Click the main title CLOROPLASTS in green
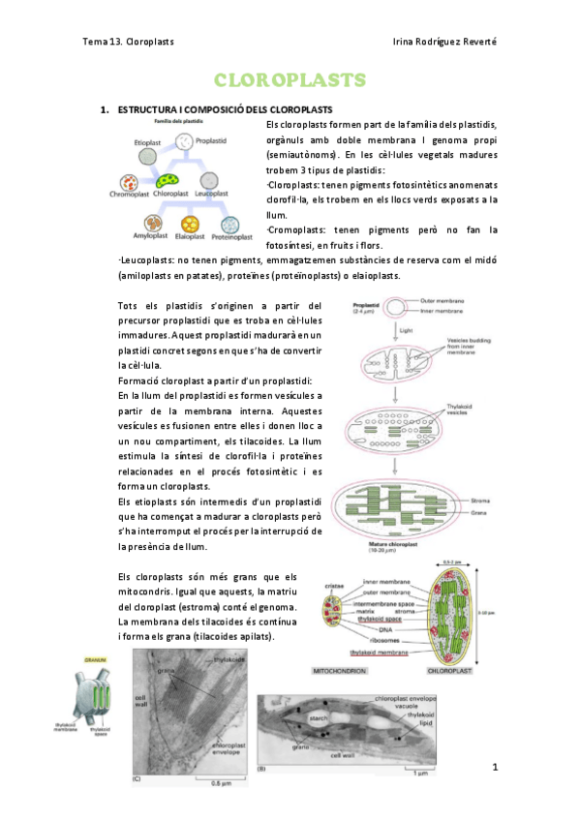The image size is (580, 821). [290, 79]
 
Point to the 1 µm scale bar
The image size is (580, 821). [416, 772]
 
